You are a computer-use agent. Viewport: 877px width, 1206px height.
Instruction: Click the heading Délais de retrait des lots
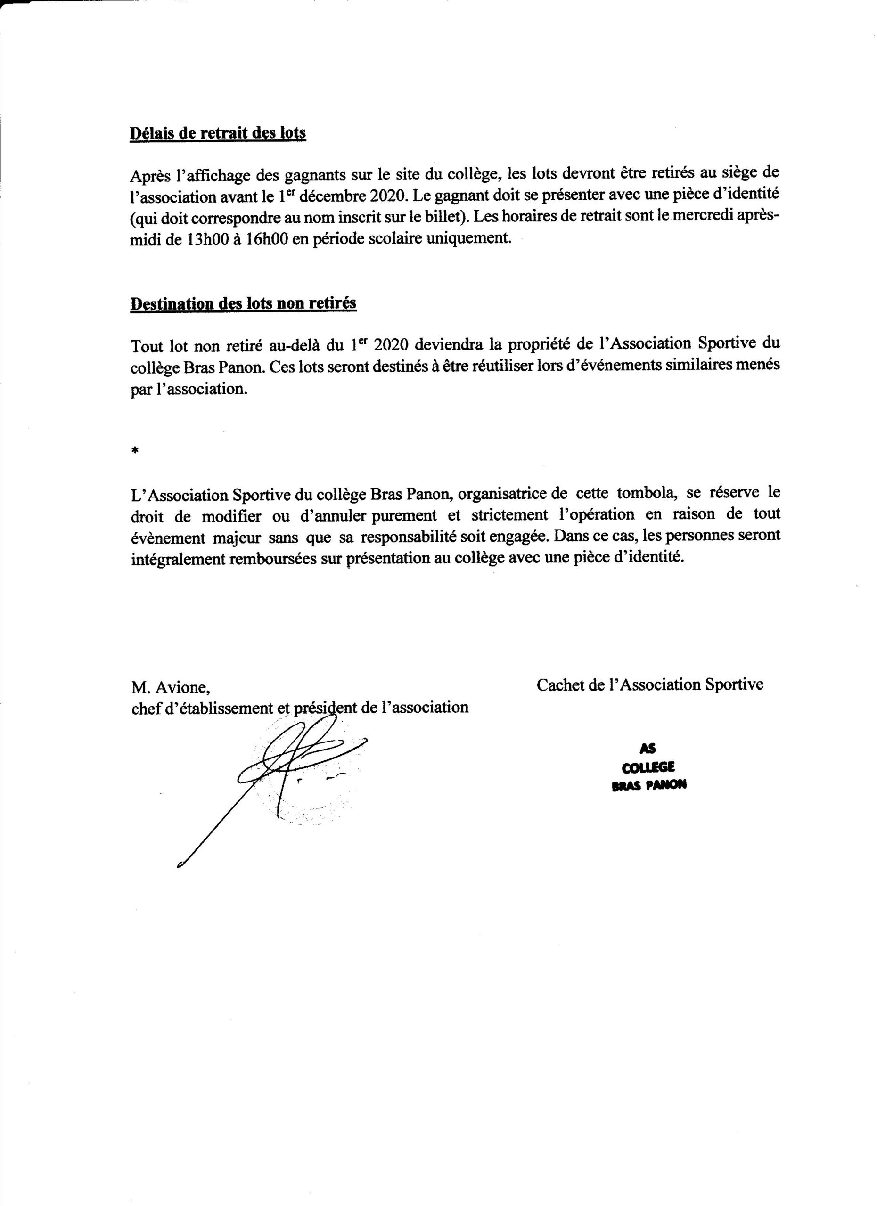click(218, 132)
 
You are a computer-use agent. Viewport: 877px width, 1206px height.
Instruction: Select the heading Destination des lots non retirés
click(244, 304)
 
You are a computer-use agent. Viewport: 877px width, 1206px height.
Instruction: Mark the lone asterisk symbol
click(135, 451)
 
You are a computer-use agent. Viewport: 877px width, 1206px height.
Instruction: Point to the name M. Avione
click(170, 687)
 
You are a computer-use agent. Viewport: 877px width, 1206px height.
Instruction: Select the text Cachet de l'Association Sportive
click(649, 684)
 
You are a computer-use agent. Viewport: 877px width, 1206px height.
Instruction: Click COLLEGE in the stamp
click(648, 767)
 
